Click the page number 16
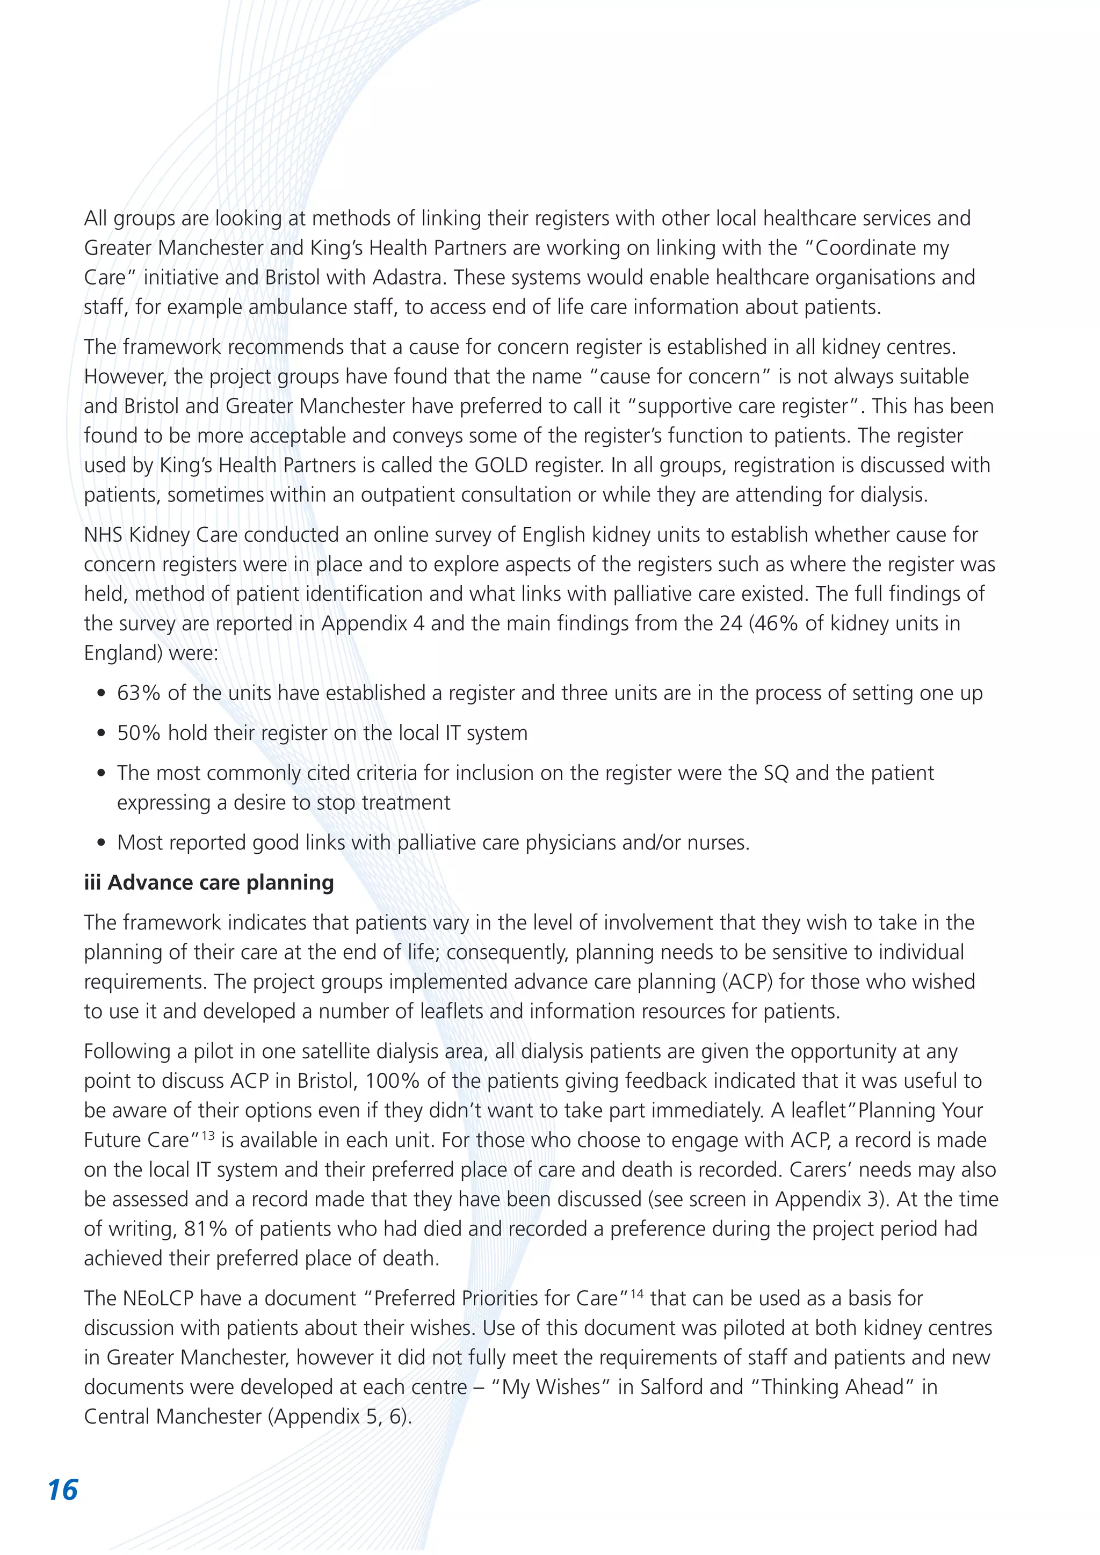pyautogui.click(x=63, y=1490)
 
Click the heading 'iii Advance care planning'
pyautogui.click(x=208, y=883)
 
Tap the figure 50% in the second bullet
pyautogui.click(x=139, y=733)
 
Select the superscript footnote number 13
pyautogui.click(x=207, y=1136)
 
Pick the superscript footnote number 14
pyautogui.click(x=636, y=1294)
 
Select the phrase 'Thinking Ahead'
pyautogui.click(x=833, y=1387)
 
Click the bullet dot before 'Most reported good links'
pyautogui.click(x=101, y=843)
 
